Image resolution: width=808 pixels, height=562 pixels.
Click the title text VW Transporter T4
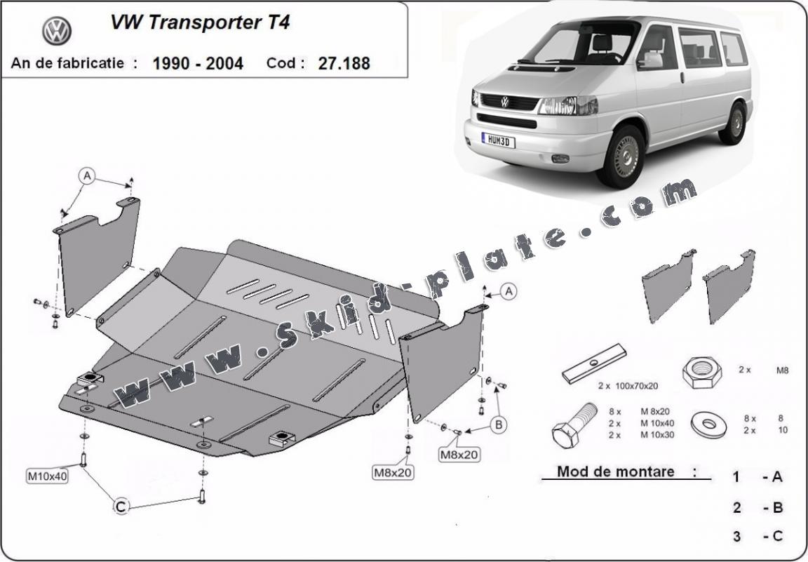200,22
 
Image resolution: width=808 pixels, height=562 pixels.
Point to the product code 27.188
344,63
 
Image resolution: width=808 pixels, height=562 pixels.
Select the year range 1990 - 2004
197,63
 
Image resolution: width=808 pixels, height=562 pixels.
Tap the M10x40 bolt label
48,476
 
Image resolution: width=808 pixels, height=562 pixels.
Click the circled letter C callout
121,504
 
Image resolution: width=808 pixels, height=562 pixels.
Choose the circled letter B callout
499,424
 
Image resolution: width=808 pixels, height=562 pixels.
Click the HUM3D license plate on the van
498,140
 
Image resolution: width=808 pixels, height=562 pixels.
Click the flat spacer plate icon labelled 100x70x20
593,363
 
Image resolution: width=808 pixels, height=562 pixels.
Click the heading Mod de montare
615,471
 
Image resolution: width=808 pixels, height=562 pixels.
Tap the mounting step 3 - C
757,537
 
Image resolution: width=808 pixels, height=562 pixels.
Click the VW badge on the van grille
504,102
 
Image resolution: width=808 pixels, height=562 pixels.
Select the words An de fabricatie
67,62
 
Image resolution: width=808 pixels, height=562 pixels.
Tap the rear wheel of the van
734,123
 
